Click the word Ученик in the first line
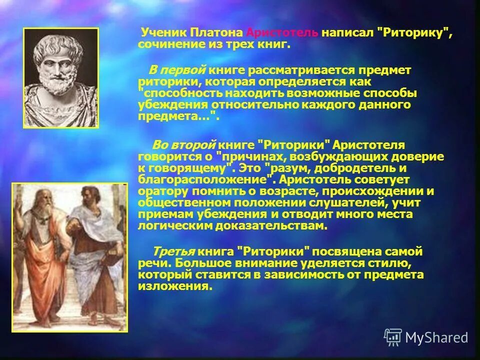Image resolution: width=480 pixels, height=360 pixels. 163,33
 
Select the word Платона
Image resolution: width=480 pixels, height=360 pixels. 217,33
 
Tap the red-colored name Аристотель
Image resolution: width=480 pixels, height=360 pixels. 282,33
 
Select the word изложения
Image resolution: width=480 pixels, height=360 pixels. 166,286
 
